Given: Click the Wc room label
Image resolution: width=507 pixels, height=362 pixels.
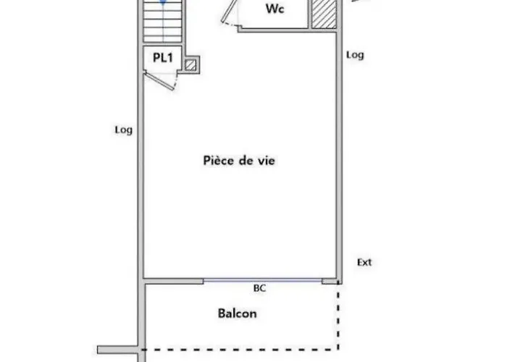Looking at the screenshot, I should click(275, 9).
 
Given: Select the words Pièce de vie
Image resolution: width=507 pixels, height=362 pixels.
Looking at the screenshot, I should click(239, 161).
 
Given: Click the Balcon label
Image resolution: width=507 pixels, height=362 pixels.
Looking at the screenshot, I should click(238, 313).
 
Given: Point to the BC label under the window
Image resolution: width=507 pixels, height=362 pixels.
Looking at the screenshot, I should click(259, 288).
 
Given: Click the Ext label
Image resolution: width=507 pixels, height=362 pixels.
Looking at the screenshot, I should click(364, 262).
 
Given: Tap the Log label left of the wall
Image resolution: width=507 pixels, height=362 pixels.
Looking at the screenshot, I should click(123, 130).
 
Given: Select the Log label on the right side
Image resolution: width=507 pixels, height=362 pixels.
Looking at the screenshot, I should click(355, 55).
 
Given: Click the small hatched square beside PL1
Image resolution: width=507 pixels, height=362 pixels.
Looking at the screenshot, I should click(190, 65).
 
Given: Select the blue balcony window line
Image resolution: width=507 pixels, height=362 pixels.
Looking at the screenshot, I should click(262, 279).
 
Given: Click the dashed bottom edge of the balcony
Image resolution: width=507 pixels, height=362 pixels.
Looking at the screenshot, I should click(239, 349).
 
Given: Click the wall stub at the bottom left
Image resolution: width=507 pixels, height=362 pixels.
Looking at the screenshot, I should click(116, 350).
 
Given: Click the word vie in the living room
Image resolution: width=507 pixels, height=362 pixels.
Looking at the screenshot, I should click(267, 161).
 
